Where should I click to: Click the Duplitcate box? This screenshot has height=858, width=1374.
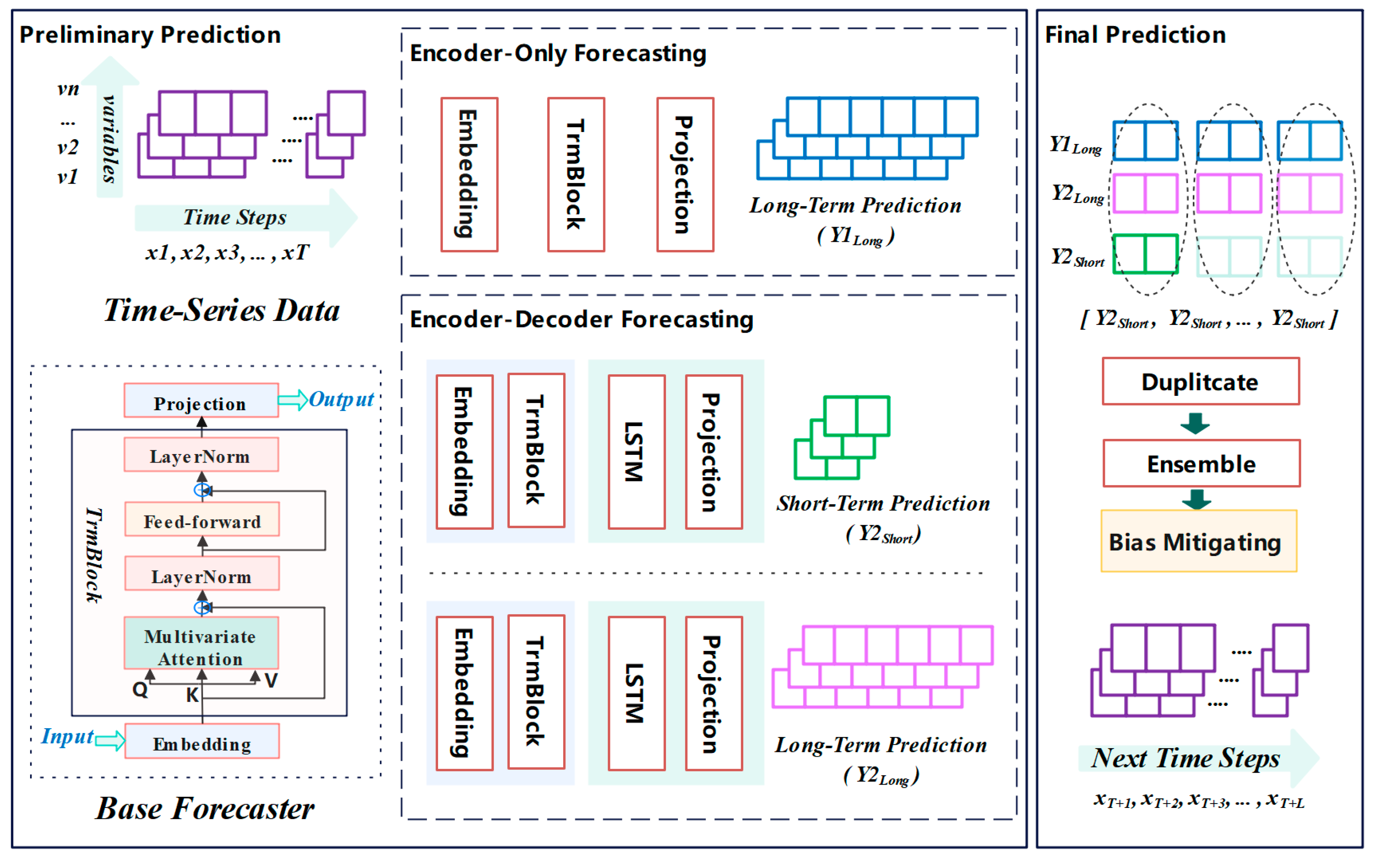[x=1200, y=381]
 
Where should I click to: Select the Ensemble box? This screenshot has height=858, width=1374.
[x=1201, y=464]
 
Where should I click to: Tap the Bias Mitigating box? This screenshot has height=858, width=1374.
[x=1198, y=541]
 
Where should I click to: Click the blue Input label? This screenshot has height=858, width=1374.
[x=67, y=737]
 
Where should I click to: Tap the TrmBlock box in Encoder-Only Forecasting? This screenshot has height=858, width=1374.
[x=576, y=174]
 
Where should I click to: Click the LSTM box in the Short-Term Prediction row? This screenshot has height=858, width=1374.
[x=636, y=452]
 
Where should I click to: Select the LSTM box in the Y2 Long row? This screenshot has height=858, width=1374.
[x=636, y=693]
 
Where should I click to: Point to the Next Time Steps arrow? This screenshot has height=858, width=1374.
[x=1187, y=758]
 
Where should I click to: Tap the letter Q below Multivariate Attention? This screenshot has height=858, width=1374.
[x=140, y=690]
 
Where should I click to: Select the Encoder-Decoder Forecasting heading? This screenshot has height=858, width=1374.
[x=581, y=319]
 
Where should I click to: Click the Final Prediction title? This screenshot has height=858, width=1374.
[x=1135, y=34]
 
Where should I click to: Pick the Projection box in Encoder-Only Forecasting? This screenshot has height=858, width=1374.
[x=685, y=174]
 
